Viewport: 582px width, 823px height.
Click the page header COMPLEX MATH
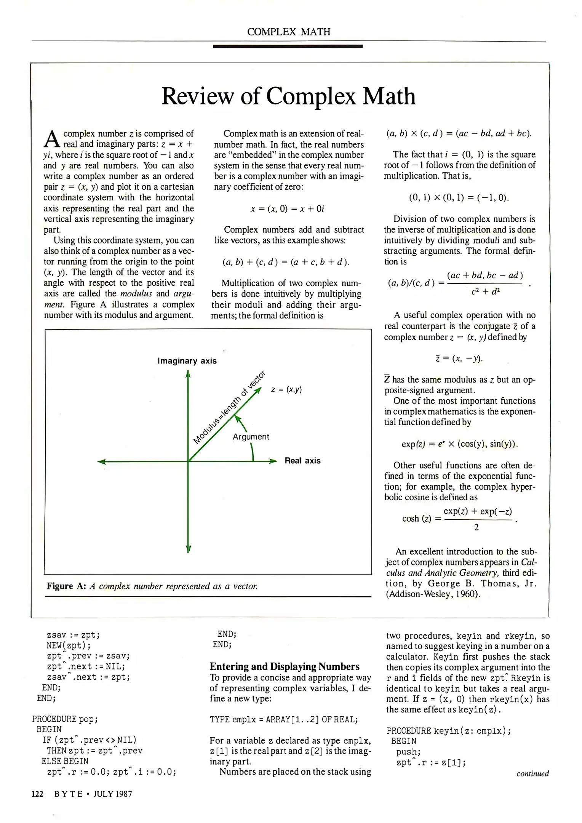pos(288,32)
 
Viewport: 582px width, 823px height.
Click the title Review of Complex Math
pos(288,96)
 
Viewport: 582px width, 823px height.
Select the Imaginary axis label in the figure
pos(187,361)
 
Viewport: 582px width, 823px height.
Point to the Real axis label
pos(302,461)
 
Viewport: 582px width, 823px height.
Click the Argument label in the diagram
pos(251,437)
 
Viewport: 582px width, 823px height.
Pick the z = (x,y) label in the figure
pos(286,389)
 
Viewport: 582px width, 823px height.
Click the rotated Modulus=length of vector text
pos(229,407)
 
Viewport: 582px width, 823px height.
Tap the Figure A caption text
pos(152,586)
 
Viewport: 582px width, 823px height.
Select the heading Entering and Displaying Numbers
pos(285,666)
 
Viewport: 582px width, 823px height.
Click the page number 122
pos(37,794)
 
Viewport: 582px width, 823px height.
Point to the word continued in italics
pos(532,773)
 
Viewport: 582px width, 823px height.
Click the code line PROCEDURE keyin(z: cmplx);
pos(448,731)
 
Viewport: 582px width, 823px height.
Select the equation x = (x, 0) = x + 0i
pos(287,209)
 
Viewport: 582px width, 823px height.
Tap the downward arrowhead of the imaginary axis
pos(188,549)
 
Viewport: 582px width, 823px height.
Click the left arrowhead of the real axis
pos(102,462)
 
